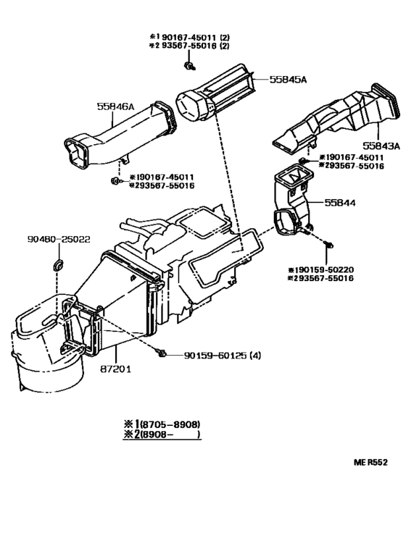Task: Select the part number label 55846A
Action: tap(116, 106)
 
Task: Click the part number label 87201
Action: tap(115, 368)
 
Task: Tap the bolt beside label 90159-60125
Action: tap(162, 353)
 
